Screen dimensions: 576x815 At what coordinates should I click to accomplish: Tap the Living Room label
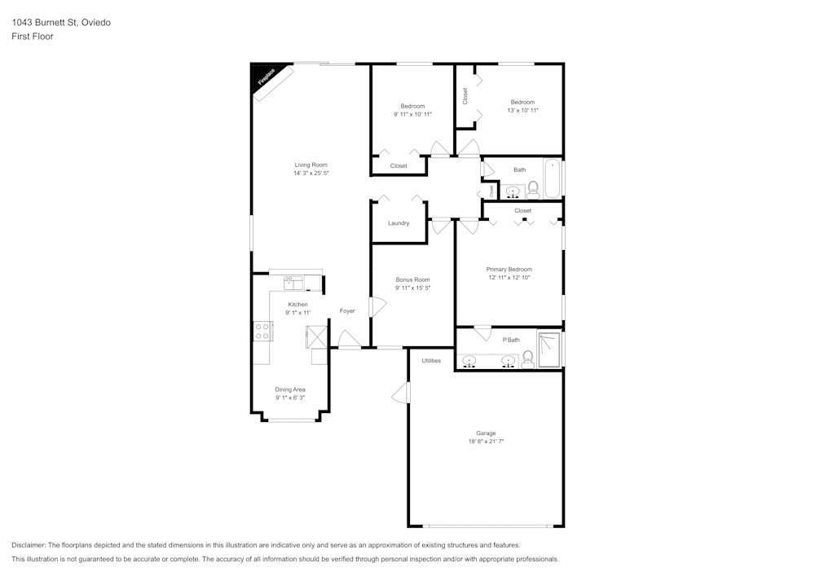(311, 165)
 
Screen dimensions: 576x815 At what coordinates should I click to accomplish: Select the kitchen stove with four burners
(262, 331)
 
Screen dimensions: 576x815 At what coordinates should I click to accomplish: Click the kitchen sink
(293, 283)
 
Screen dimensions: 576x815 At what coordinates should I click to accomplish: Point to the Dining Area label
(289, 389)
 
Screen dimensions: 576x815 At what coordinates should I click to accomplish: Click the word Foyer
(347, 310)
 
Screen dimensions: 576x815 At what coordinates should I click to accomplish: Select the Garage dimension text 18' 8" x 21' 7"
(486, 442)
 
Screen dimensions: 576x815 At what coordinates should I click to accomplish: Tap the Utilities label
(431, 360)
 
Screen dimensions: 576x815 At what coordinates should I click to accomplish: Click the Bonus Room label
(412, 279)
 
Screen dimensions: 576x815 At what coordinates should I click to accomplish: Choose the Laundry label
(399, 223)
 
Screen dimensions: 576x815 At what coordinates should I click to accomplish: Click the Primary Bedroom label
(509, 269)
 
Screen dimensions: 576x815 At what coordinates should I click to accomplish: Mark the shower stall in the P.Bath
(549, 350)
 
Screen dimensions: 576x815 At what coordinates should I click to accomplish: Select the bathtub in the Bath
(553, 179)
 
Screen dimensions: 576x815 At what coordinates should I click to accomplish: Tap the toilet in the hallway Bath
(533, 190)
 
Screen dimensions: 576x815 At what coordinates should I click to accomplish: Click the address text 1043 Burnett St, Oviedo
(61, 23)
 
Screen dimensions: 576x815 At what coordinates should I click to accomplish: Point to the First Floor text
(33, 37)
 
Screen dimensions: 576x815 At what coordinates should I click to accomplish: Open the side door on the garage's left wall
(402, 393)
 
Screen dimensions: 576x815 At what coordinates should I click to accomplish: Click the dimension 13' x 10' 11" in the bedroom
(522, 110)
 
